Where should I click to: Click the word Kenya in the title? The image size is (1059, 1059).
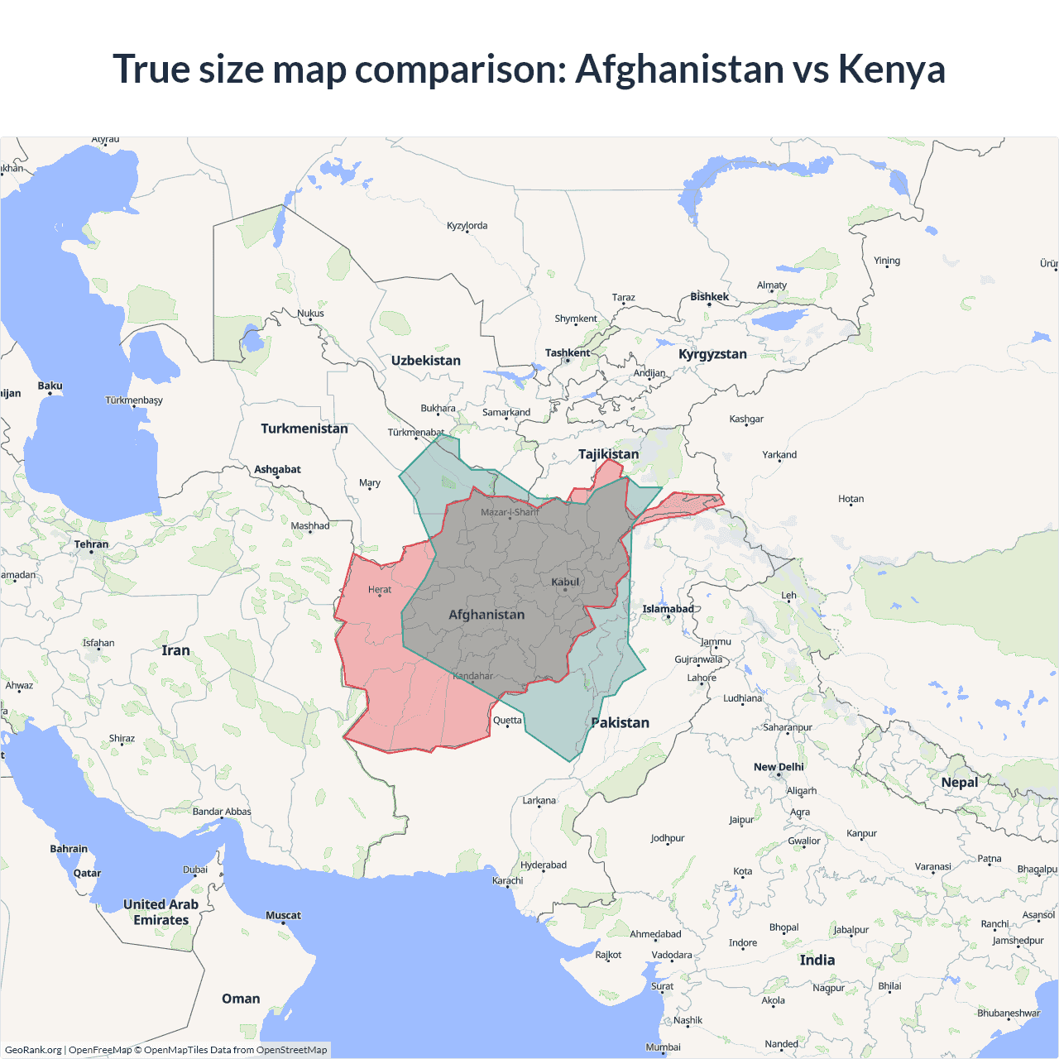tap(891, 69)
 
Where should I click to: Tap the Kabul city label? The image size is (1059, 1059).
tap(566, 582)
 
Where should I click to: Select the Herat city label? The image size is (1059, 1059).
tap(380, 590)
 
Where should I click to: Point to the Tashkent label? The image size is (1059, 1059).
tap(568, 352)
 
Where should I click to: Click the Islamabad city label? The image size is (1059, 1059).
tap(668, 609)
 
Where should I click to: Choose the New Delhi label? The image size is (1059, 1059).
tap(779, 767)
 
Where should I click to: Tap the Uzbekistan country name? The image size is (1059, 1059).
tap(426, 361)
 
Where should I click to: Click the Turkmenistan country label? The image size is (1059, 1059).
tap(304, 429)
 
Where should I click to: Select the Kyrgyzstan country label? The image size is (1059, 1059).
tap(712, 354)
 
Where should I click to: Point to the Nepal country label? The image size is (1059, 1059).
tap(960, 783)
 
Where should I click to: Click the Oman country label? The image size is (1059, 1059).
tap(241, 999)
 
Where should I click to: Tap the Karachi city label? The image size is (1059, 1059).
tap(508, 880)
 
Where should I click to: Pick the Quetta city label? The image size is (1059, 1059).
tap(507, 720)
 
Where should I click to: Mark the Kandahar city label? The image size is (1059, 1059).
tap(473, 676)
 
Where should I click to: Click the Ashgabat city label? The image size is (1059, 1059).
tap(277, 469)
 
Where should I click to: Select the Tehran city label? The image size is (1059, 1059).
tap(91, 544)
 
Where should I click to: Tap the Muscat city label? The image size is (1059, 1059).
tap(283, 915)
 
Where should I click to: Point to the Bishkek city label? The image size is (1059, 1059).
tap(710, 296)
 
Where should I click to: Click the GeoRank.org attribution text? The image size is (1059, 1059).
tap(33, 1050)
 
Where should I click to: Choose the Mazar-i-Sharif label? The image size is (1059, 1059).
tap(510, 512)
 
